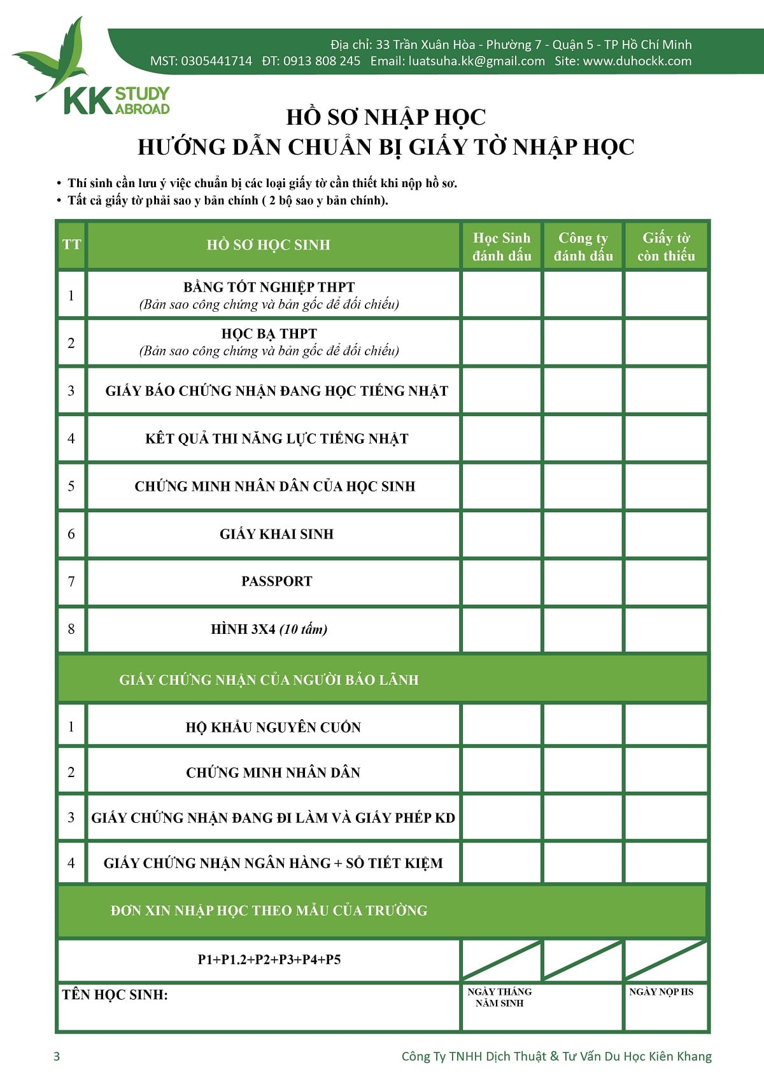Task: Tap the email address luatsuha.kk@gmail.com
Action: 476,61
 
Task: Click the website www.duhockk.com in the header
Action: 637,61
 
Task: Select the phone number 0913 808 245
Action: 322,61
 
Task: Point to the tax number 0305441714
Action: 216,61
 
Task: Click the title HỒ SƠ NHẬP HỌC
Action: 386,117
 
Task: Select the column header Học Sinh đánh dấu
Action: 502,246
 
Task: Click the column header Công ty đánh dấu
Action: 583,246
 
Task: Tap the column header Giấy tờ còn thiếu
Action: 666,246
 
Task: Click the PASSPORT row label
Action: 276,581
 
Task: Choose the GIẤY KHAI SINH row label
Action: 276,534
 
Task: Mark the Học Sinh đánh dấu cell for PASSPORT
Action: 502,581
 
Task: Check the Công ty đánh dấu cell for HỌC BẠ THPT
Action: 583,342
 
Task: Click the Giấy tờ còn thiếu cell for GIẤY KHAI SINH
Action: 666,534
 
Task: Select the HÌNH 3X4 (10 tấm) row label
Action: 269,629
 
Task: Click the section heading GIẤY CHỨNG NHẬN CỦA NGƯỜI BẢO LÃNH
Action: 269,680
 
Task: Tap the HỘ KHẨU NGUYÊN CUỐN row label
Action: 273,727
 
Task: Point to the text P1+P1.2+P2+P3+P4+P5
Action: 269,959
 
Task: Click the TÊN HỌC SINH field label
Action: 115,995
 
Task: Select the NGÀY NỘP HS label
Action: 661,992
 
